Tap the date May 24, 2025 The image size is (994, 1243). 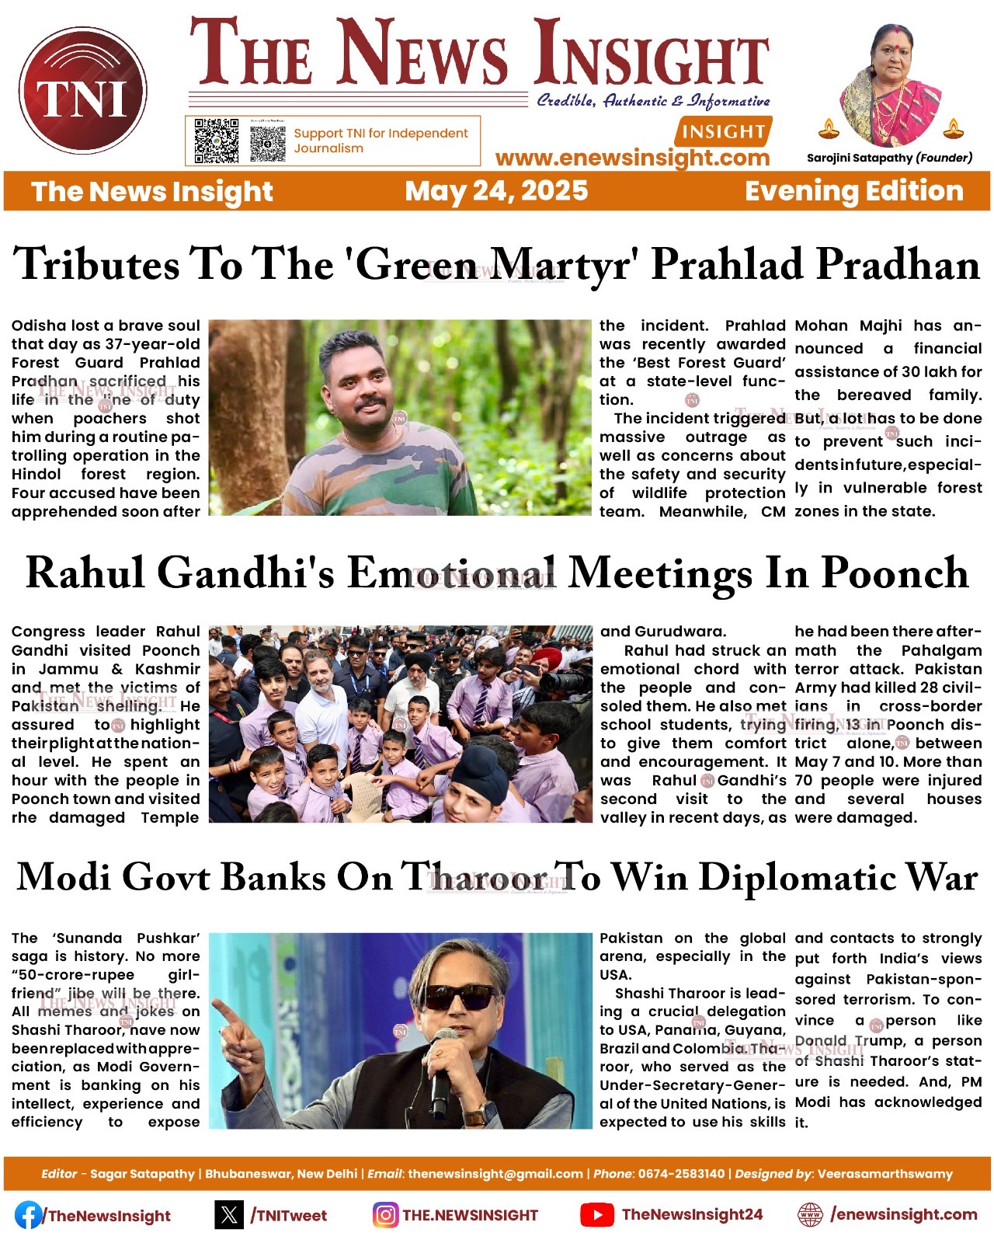496,191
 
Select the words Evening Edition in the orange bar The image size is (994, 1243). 854,191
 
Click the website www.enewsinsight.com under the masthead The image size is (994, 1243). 632,158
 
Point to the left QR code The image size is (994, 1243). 216,141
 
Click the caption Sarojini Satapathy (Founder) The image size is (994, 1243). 889,158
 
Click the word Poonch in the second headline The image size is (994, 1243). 895,573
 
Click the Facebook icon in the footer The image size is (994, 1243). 28,1215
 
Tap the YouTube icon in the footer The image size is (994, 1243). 597,1215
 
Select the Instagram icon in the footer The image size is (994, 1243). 385,1215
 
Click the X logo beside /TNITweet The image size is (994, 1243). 229,1215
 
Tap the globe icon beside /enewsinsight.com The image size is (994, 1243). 810,1215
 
